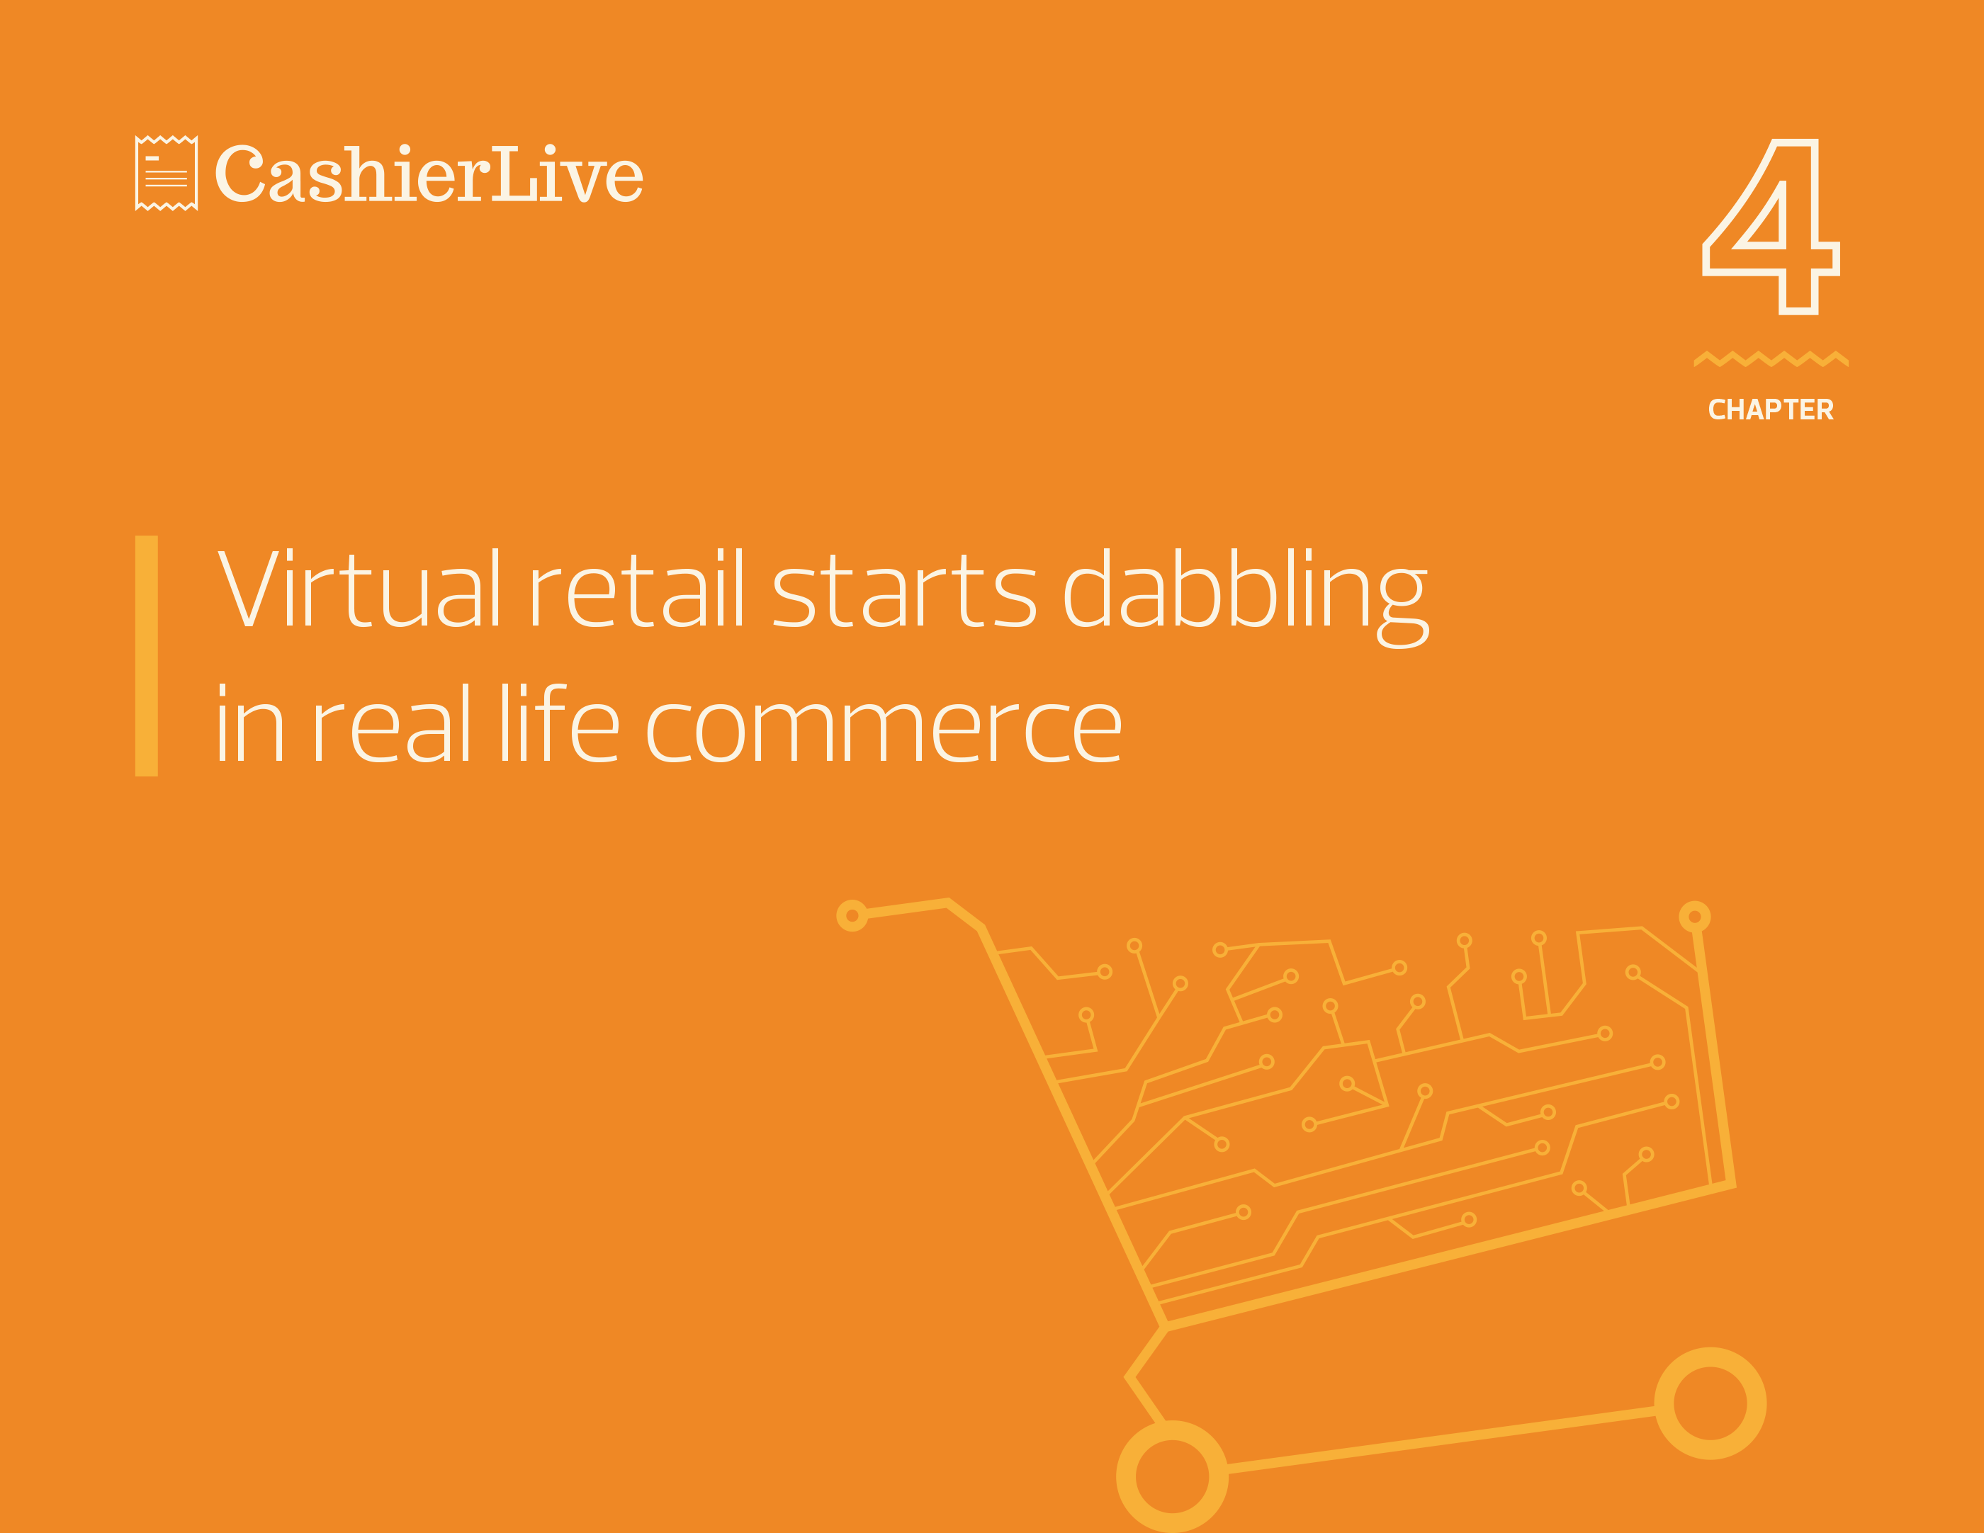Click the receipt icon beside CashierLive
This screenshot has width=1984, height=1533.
[167, 174]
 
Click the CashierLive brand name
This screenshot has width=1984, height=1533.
[429, 174]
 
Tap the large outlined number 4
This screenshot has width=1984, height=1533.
[1771, 227]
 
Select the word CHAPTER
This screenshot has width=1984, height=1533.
[1771, 409]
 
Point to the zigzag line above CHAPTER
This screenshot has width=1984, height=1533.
[1771, 358]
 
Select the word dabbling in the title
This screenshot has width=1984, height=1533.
[1246, 596]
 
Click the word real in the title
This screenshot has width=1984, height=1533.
[393, 724]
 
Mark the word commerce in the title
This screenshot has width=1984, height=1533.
[884, 731]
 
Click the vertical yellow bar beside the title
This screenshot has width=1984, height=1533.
[146, 656]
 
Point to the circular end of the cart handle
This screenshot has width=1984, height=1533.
[852, 915]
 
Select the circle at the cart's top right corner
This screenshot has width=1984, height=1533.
[1695, 917]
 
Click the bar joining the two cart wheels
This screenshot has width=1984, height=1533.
[1441, 1439]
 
